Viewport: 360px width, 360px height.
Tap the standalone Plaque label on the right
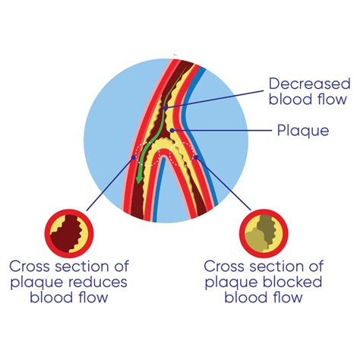pos(303,131)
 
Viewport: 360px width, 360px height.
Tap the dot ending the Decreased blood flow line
pos(166,108)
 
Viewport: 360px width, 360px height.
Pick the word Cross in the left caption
pos(29,267)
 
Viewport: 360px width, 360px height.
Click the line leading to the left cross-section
pos(110,187)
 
